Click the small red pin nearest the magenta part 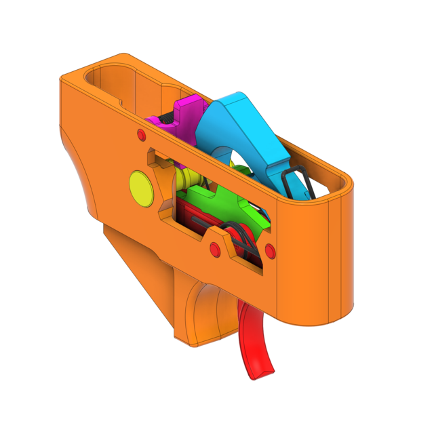tap(141, 132)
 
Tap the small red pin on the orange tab tap(216, 249)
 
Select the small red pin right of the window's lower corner tap(270, 252)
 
